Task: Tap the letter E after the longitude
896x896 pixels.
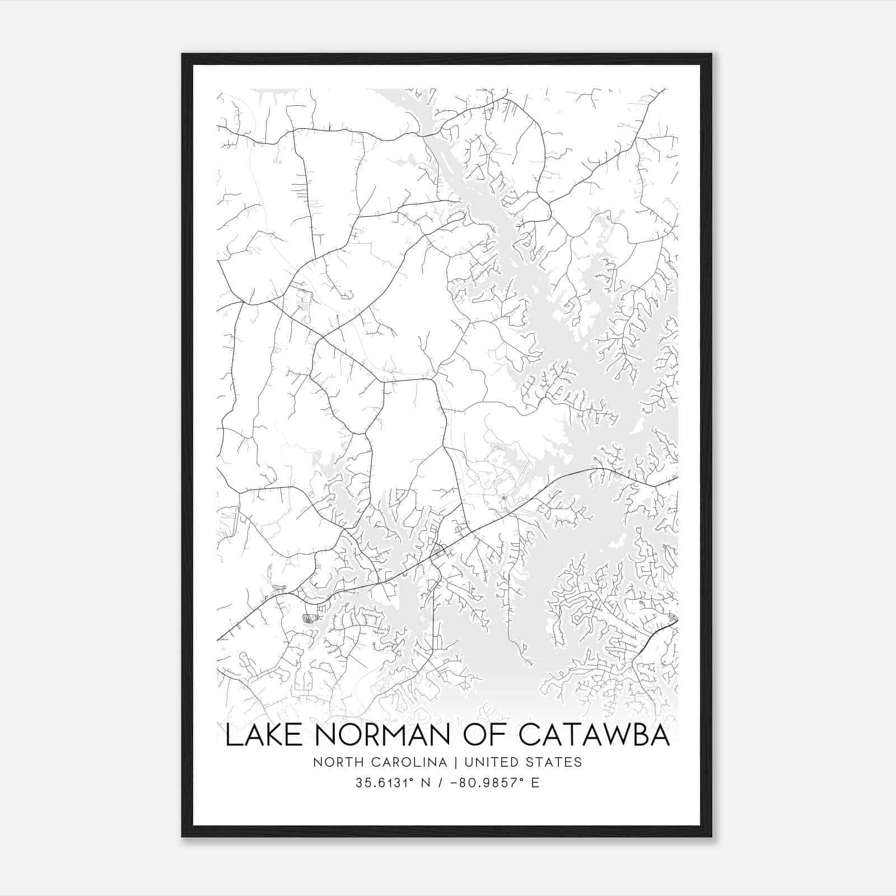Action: (x=535, y=783)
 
